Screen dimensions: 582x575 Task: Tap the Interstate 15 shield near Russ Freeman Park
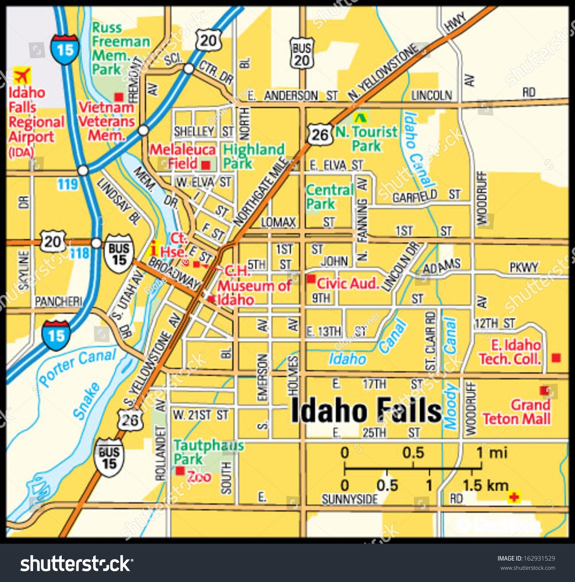(x=65, y=49)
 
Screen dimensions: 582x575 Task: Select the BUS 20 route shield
(x=302, y=54)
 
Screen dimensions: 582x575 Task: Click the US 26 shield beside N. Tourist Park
(x=319, y=134)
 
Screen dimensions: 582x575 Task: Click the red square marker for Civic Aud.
(x=311, y=279)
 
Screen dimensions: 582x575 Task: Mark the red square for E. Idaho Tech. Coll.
(x=556, y=358)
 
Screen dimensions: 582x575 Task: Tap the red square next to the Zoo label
(x=180, y=471)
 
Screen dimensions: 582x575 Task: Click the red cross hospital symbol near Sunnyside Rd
(x=513, y=497)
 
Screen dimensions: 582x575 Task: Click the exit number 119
(x=67, y=184)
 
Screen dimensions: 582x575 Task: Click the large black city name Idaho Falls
(x=366, y=411)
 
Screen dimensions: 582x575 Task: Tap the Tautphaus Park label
(x=208, y=452)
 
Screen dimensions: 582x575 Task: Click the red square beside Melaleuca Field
(x=206, y=165)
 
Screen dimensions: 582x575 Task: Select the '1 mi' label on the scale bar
(x=492, y=452)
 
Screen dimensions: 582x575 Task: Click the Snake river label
(x=86, y=401)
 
